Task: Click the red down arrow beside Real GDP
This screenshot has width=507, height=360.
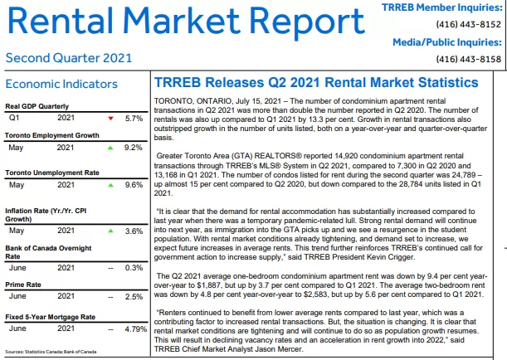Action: click(x=110, y=119)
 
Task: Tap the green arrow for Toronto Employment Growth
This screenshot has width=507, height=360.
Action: click(x=110, y=148)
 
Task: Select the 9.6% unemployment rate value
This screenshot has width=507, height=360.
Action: click(x=134, y=185)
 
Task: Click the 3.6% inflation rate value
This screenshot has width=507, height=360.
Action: click(x=134, y=231)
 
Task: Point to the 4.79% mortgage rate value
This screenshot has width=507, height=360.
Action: click(x=136, y=329)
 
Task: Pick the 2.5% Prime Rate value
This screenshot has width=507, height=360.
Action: click(x=134, y=297)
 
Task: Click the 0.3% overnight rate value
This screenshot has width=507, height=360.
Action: click(x=134, y=268)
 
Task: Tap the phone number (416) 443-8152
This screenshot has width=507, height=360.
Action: click(x=469, y=25)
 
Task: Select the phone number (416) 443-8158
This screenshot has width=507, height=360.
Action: click(x=469, y=59)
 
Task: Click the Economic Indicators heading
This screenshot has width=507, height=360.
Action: click(x=61, y=84)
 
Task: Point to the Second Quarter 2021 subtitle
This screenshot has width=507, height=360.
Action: click(x=69, y=58)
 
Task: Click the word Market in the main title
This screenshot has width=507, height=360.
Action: click(x=181, y=21)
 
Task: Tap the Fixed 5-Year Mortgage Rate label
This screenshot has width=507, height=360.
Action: click(x=50, y=317)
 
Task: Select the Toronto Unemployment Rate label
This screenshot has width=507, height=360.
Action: click(x=52, y=173)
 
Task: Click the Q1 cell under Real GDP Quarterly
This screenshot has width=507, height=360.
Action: click(x=14, y=118)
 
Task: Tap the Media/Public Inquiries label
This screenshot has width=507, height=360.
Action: click(x=447, y=42)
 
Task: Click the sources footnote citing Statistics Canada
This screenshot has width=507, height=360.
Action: click(x=51, y=352)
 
